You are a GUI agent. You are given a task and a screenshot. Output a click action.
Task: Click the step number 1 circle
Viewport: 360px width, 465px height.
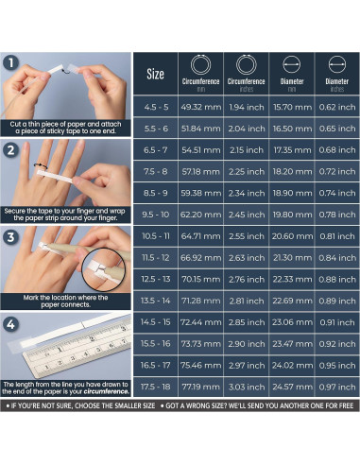tap(12, 64)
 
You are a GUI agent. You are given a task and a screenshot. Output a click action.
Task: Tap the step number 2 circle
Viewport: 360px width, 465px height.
tap(12, 149)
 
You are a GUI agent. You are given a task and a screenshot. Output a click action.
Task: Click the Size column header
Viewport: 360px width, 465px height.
tap(156, 75)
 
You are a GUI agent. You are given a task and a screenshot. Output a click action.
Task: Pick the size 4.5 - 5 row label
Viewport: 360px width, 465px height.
tap(156, 108)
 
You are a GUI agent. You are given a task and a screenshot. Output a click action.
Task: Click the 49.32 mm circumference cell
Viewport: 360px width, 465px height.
tap(200, 108)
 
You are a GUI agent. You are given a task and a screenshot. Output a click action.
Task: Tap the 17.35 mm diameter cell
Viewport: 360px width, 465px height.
tap(293, 148)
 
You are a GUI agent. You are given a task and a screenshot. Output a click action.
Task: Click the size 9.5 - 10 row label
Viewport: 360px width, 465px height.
tap(156, 214)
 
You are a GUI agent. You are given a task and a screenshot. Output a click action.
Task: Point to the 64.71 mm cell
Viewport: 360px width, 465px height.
tap(200, 234)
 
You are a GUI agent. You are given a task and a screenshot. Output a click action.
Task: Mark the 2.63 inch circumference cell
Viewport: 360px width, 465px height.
tap(247, 256)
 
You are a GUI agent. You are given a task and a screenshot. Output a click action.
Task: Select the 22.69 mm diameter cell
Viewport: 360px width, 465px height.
tap(293, 301)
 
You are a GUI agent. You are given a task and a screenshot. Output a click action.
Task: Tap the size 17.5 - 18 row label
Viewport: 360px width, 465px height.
tap(156, 387)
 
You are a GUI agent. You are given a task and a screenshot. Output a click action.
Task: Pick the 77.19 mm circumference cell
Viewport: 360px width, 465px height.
tap(200, 387)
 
